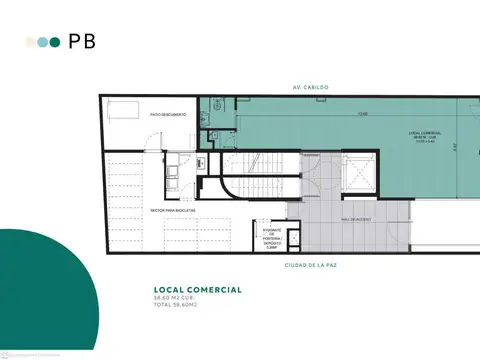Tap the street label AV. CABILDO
(x=307, y=88)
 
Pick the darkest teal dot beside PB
(x=55, y=43)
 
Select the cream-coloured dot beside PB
(x=31, y=43)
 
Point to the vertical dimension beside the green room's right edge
(x=453, y=146)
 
